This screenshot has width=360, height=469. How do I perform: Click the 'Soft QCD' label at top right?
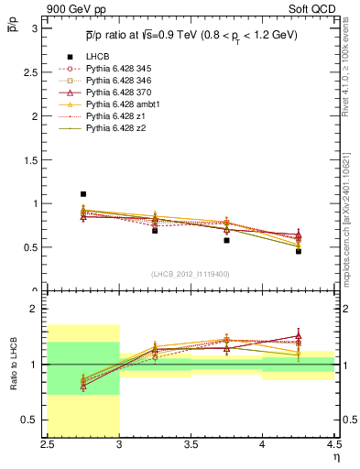315,8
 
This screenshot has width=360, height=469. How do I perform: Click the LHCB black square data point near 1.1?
83,194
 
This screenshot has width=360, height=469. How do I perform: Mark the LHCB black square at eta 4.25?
298,251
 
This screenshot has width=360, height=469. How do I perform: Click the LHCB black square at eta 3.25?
155,231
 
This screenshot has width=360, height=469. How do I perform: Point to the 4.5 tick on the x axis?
333,445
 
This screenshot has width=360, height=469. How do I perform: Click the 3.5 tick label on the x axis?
191,445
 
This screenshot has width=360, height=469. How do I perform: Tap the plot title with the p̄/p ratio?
191,37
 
